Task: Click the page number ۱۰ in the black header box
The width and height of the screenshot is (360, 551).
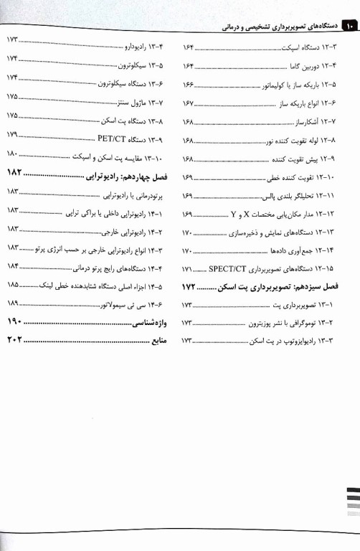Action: (x=350, y=27)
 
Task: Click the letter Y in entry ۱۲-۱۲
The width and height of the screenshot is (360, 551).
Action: (x=234, y=213)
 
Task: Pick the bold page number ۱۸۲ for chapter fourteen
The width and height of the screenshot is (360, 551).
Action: (x=16, y=175)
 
